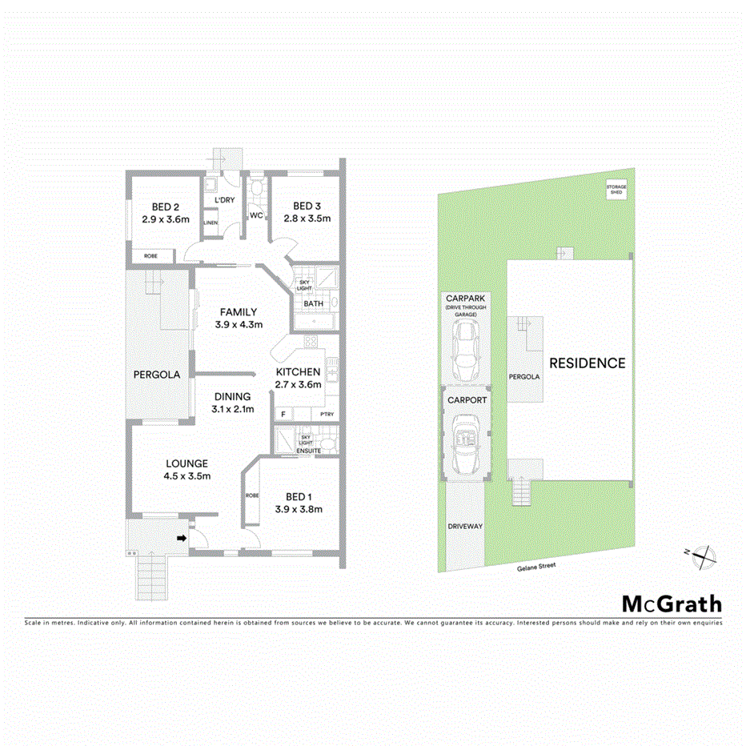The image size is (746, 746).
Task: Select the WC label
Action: coord(256,215)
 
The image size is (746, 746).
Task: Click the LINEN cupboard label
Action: coord(211,223)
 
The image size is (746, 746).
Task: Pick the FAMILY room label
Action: coord(239,312)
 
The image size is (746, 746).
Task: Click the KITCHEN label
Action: coord(298,372)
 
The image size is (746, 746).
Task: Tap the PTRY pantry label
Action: coord(327,414)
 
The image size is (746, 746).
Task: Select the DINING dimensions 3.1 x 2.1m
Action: coord(232,409)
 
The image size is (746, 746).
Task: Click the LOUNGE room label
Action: coord(187,463)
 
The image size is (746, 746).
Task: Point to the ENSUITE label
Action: coord(308,451)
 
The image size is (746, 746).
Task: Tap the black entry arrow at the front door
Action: coord(182,539)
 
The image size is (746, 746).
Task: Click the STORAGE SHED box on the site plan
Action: coord(616,190)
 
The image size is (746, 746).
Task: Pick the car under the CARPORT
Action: coord(464,445)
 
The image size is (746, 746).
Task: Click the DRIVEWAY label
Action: coord(464,526)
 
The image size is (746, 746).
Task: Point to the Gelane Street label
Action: coord(536,565)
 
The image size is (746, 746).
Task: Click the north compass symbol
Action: coord(701,554)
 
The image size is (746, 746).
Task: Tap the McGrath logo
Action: coord(672,604)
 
